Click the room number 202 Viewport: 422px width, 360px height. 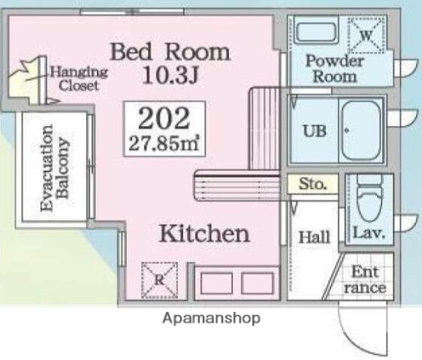164,118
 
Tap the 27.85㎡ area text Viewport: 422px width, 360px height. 164,143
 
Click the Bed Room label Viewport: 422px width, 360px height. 170,52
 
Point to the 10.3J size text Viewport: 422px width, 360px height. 170,75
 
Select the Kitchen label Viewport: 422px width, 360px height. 204,234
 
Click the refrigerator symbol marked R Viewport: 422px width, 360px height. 160,280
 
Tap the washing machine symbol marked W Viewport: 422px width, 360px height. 366,34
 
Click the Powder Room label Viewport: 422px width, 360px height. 335,69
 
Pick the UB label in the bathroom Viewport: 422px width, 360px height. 315,131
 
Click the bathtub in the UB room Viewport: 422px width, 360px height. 361,130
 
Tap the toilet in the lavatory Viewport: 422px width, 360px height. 369,197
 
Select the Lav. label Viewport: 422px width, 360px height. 369,232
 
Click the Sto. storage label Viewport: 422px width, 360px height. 312,184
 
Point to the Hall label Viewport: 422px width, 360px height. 315,237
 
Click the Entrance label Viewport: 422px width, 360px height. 365,280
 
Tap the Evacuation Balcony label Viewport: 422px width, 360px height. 54,168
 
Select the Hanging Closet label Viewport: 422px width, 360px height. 79,79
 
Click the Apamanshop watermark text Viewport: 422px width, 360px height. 211,319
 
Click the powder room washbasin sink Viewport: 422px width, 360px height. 315,32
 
